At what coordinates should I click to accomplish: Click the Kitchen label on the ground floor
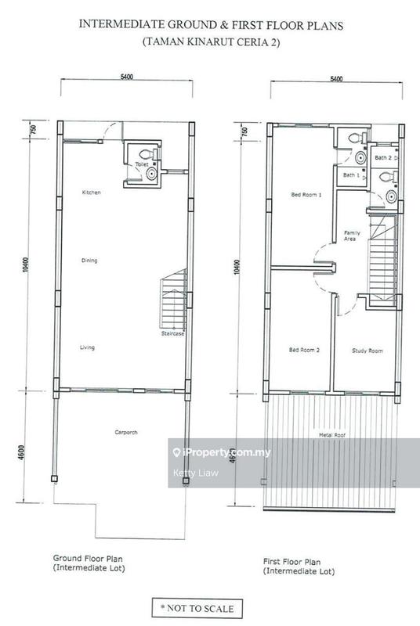pyautogui.click(x=91, y=192)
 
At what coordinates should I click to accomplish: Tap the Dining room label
pyautogui.click(x=89, y=261)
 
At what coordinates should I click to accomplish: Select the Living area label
pyautogui.click(x=87, y=347)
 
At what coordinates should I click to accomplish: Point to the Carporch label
pyautogui.click(x=126, y=432)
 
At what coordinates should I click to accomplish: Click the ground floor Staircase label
pyautogui.click(x=172, y=333)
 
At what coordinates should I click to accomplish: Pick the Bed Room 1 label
pyautogui.click(x=306, y=195)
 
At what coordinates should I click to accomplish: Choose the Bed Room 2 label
pyautogui.click(x=304, y=350)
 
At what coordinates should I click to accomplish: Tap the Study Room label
pyautogui.click(x=367, y=351)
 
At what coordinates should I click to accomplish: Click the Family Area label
pyautogui.click(x=352, y=236)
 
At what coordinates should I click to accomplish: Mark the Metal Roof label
pyautogui.click(x=332, y=435)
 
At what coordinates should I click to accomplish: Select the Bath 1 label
pyautogui.click(x=351, y=174)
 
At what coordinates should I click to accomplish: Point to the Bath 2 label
pyautogui.click(x=383, y=158)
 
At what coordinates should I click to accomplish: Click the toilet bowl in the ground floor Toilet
pyautogui.click(x=147, y=153)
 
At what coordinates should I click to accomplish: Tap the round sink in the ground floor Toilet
pyautogui.click(x=151, y=174)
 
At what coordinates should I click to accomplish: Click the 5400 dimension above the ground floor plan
pyautogui.click(x=127, y=77)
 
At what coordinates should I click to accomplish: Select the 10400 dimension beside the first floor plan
pyautogui.click(x=236, y=266)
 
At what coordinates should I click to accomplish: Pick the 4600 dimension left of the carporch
pyautogui.click(x=22, y=452)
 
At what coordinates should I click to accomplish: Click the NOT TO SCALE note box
pyautogui.click(x=197, y=609)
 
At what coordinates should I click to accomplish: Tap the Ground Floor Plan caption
pyautogui.click(x=88, y=559)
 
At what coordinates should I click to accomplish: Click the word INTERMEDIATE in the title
pyautogui.click(x=122, y=25)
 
